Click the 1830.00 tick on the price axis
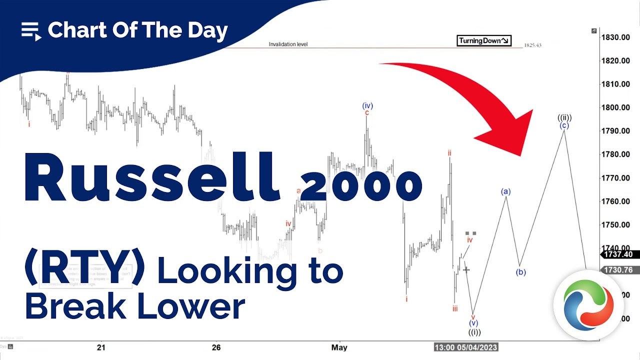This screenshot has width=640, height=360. pos(615,37)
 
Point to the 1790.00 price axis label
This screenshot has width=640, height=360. pos(615,131)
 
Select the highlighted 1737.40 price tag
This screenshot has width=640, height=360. pos(618,254)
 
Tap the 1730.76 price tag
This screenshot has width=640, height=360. pos(618,270)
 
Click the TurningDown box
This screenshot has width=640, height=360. pos(483,41)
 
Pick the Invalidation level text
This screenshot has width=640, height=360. pos(288,44)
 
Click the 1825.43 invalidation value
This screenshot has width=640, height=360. pos(532,45)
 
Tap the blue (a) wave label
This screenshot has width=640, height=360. pos(505,191)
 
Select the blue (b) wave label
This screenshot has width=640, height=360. pos(520,272)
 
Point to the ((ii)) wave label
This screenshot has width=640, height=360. pos(564,118)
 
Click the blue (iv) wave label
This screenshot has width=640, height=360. pos(367,105)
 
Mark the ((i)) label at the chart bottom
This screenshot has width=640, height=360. pos(474,332)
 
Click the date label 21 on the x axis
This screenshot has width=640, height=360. pos(101,347)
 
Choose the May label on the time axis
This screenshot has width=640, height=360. pos(339,347)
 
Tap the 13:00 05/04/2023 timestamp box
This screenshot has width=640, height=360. pos(465,347)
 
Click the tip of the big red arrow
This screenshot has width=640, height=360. pos(522,154)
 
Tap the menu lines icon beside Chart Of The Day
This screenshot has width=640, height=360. pos(30,31)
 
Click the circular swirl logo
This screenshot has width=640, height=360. pos(588,305)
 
